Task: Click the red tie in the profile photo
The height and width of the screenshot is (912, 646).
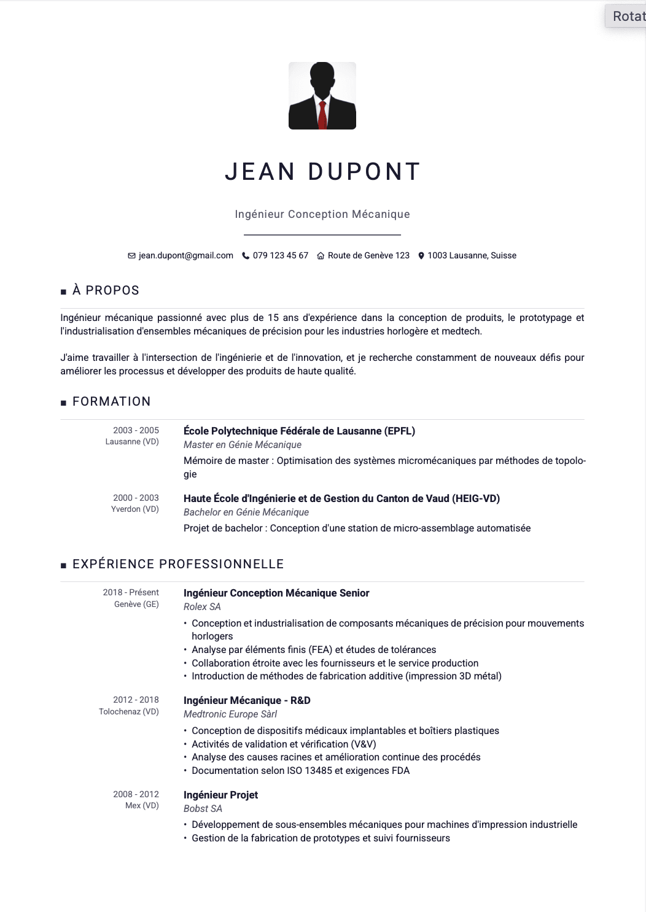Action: tap(322, 114)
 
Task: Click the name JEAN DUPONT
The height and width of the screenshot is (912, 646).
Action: tap(322, 172)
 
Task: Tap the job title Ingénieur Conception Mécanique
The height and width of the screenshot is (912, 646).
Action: tap(322, 214)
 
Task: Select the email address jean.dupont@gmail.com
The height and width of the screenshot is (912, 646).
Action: tap(185, 255)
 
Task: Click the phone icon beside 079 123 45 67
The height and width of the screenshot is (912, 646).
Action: tap(246, 256)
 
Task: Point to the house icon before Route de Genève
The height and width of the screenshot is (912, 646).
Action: tap(321, 256)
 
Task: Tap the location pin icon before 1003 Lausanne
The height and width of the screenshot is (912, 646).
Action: tap(421, 256)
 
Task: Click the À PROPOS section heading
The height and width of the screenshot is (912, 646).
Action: tap(106, 290)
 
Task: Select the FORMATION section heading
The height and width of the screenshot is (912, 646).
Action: tap(111, 401)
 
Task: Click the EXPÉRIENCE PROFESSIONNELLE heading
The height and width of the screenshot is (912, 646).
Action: tap(178, 564)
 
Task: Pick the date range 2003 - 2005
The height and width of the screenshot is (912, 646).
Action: tap(136, 430)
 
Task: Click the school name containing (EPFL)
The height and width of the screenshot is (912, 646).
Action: tap(299, 431)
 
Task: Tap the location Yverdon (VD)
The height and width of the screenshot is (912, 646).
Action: tap(134, 509)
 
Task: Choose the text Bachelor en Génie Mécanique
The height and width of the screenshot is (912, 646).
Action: tap(246, 512)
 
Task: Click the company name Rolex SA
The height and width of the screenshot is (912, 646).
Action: tap(202, 607)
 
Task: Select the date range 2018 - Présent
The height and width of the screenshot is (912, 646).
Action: tap(131, 592)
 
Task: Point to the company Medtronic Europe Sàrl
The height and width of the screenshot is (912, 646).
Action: tap(230, 714)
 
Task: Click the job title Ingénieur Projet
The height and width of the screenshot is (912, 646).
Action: tap(220, 795)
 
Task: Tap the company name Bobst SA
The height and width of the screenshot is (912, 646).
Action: tap(203, 809)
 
